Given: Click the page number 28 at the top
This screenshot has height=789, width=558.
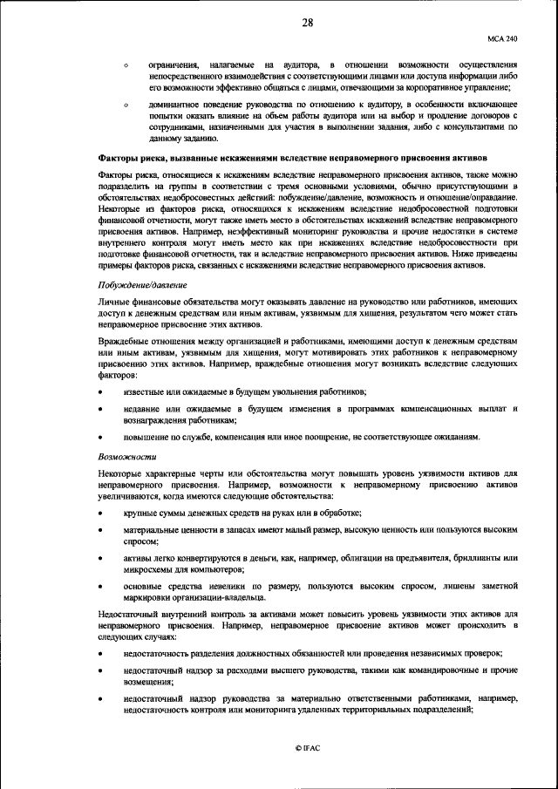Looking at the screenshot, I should click(x=308, y=24).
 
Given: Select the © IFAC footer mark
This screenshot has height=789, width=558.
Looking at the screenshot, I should click(x=308, y=748).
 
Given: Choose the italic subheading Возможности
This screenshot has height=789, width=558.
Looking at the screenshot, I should click(x=126, y=455).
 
